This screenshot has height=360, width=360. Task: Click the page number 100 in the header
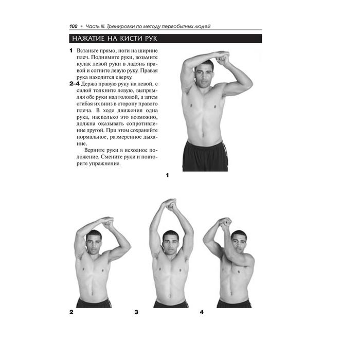coord(74,26)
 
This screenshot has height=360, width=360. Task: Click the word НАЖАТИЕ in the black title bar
coord(88,39)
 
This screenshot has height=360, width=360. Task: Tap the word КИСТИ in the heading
coord(131,39)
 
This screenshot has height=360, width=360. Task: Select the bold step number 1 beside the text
coord(71,51)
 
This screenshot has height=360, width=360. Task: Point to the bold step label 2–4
coord(75,84)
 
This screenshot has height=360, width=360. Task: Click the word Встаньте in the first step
coord(87,51)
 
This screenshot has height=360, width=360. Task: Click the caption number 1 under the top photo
coord(167,175)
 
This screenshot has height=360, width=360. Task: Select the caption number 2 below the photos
coord(71,312)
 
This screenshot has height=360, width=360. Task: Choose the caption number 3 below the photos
coord(136,312)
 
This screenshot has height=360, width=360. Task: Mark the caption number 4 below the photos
coord(202,312)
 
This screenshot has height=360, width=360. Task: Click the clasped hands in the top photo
coord(222,58)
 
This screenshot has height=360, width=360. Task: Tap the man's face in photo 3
coord(170,243)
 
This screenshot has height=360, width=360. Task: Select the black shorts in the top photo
coord(205,156)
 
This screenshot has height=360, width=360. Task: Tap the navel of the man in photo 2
coord(92,293)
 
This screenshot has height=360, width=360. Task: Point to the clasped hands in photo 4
coord(225,223)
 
